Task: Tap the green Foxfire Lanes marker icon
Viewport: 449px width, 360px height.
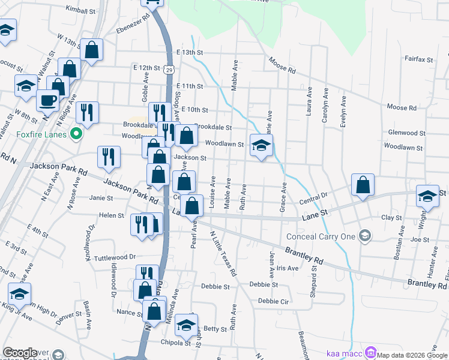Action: point(76,133)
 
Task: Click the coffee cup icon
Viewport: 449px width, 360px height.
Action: point(47,100)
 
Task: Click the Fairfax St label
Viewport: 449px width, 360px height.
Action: point(418,59)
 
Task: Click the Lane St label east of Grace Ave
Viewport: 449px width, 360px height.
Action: point(316,212)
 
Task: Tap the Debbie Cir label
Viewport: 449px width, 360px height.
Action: point(273,301)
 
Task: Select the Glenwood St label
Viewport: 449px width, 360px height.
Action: point(406,133)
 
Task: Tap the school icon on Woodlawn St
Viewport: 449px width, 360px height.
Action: point(261,145)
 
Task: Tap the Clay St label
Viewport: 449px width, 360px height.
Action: point(391,218)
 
